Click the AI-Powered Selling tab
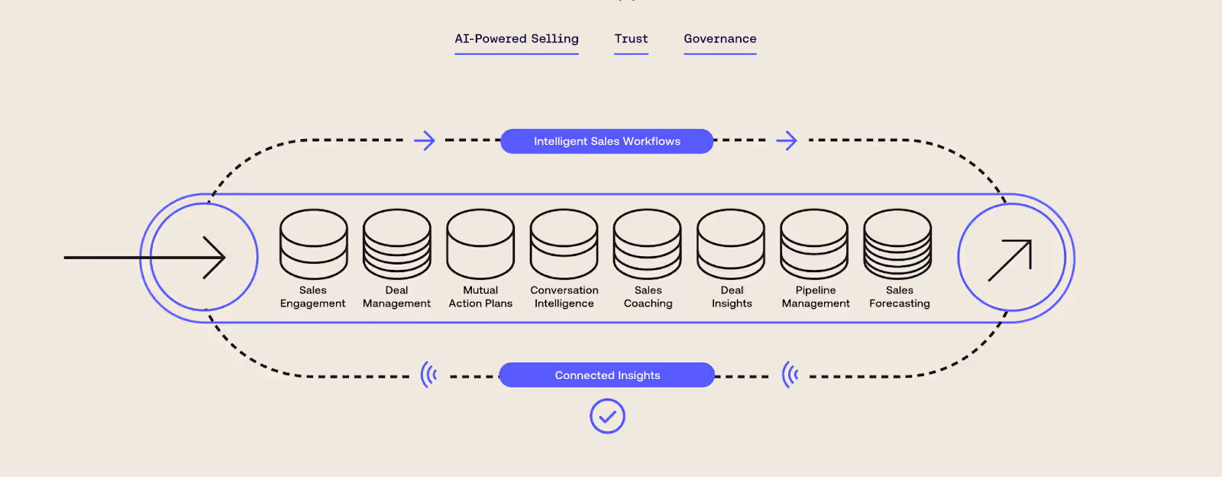click(516, 39)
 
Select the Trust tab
click(631, 39)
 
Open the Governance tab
click(720, 39)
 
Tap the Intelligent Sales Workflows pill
click(606, 141)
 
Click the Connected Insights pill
click(607, 375)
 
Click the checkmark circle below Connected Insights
click(607, 417)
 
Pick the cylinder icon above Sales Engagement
click(313, 244)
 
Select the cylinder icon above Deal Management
click(397, 244)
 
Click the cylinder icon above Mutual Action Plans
click(480, 244)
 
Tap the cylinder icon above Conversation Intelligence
click(564, 244)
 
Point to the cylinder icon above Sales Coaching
click(648, 244)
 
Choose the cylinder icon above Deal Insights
click(731, 244)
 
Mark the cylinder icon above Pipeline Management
click(814, 244)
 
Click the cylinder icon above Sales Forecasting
click(897, 244)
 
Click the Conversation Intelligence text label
click(564, 297)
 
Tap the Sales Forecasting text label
click(900, 297)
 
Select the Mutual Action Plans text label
click(480, 297)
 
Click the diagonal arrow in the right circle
click(1010, 259)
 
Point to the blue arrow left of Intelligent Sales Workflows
click(425, 141)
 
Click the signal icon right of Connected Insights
click(790, 375)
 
